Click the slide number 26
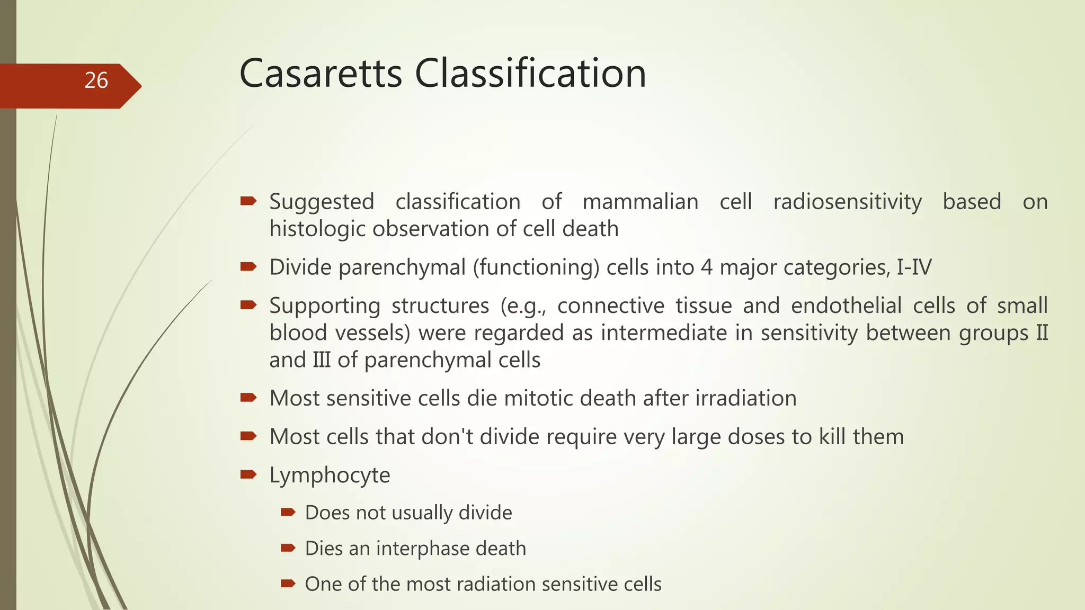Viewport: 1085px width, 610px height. [x=96, y=80]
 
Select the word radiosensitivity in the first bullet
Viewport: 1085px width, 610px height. [x=847, y=202]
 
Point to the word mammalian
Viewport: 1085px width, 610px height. [x=640, y=202]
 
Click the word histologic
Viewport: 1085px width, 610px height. [x=316, y=229]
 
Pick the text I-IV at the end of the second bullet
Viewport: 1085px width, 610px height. [x=914, y=267]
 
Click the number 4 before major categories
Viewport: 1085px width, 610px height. [x=707, y=267]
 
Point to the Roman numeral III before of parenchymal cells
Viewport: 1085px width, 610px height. [x=321, y=360]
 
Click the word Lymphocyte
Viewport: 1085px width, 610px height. [x=330, y=475]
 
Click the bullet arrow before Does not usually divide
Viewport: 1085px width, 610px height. [x=288, y=512]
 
